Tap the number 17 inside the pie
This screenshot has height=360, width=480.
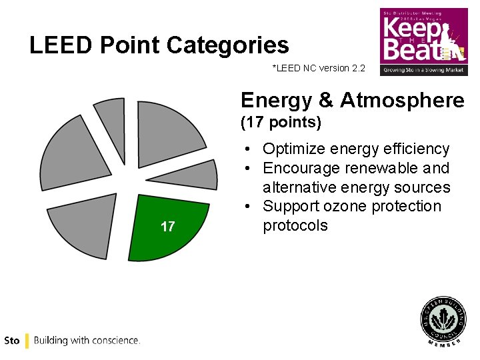coord(168,227)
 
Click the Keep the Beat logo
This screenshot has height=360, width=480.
coord(423,41)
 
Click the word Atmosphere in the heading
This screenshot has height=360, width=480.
coord(402,101)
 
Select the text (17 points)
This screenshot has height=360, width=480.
coord(281,123)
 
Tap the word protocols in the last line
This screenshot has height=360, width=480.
coord(295,225)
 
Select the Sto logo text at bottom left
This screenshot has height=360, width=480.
coord(11,341)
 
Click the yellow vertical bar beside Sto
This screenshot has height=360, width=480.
coord(27,341)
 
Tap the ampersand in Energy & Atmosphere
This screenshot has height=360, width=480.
coord(327,101)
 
